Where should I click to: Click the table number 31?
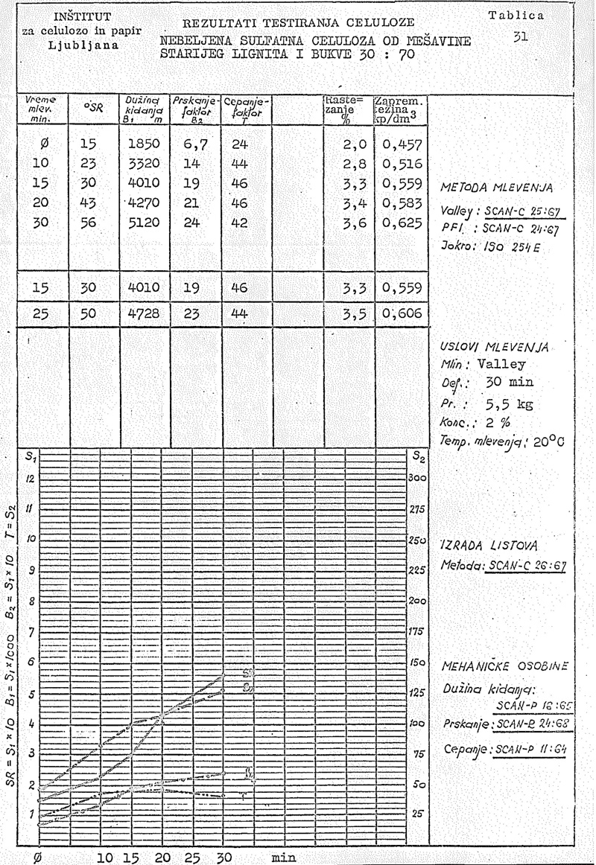click(521, 35)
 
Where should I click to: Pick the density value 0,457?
click(402, 144)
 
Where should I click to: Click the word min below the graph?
click(284, 857)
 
